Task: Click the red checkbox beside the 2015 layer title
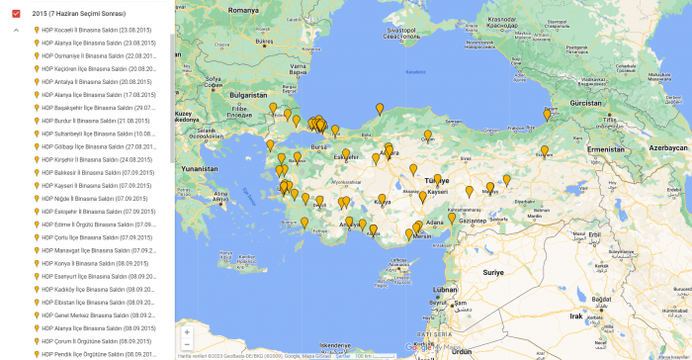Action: coord(16,13)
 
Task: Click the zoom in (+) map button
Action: coord(187,332)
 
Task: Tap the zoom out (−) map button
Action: coord(187,345)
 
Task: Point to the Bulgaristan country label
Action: coord(249,95)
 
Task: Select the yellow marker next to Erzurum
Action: coord(544,151)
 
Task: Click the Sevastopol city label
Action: coord(407,31)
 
